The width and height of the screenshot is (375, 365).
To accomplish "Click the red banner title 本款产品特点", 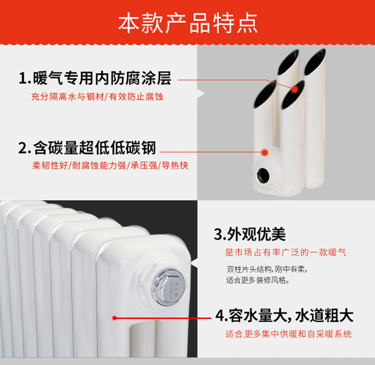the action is pos(188,23).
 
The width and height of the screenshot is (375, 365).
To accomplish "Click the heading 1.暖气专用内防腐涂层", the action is pos(95,78).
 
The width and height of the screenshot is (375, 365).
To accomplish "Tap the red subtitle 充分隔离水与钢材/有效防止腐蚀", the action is pos(97,97).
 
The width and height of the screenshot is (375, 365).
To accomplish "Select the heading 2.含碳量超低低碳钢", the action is pos(87,148).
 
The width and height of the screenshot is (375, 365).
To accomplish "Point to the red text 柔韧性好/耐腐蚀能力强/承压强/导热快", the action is pos(110,165).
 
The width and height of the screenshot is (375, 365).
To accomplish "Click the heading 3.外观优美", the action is pos(250,234).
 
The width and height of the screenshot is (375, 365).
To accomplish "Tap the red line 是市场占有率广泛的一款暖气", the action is pos(286,252).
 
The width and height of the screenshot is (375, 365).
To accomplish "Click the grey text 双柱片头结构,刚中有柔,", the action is pos(267,269).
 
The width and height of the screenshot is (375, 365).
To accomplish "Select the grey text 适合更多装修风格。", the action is pos(258,280).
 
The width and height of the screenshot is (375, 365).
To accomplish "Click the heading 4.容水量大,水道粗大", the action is pos(284,316).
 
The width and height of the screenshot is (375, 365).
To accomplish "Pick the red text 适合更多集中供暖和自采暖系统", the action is pos(289,334).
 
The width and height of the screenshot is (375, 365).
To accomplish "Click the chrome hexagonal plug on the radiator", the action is pos(169,287).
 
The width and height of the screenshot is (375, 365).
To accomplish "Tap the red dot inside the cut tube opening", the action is pos(295,89).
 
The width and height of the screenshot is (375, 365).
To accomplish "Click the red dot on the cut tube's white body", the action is pos(264,152).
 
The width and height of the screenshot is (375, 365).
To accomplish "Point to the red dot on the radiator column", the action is pos(114,318).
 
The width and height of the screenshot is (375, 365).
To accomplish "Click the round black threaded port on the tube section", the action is pos(263,176).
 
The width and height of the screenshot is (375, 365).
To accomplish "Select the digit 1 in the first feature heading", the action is pos(23,78).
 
